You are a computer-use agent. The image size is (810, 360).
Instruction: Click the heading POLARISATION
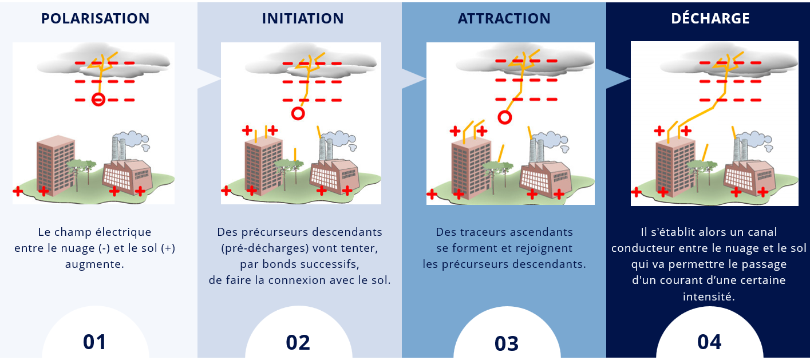(x=95, y=18)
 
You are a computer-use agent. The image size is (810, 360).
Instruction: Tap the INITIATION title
(x=303, y=18)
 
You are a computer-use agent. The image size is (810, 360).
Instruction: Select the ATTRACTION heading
(x=504, y=18)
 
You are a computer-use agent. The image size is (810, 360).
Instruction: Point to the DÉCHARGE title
(x=710, y=18)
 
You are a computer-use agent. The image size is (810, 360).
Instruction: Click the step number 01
(x=94, y=342)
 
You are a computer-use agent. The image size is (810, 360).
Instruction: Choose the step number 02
(x=298, y=342)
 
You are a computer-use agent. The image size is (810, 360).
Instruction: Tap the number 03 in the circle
(x=507, y=343)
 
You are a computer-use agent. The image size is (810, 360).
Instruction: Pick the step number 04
(x=709, y=342)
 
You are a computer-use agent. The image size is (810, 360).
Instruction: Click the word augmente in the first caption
(x=94, y=264)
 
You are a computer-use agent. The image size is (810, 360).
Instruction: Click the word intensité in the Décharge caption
(x=709, y=296)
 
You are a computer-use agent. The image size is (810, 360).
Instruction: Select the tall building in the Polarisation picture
(x=56, y=165)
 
